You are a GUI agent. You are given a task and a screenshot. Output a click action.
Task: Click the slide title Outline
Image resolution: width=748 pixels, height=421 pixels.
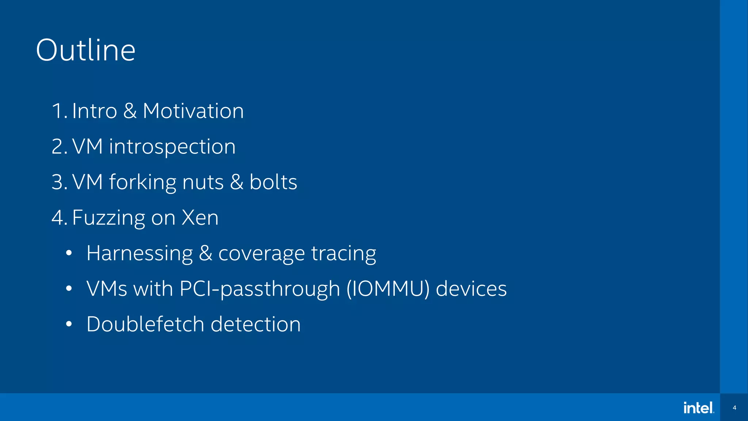pos(86,50)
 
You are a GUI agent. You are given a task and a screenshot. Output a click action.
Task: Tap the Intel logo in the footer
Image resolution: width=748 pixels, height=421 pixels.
pos(699,407)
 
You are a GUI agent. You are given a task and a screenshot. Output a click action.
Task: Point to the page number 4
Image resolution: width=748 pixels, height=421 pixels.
pos(734,407)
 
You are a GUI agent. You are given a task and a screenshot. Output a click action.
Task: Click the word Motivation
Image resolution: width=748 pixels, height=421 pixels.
pos(193,111)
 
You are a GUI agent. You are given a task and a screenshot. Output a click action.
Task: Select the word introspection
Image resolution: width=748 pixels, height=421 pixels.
pos(172,147)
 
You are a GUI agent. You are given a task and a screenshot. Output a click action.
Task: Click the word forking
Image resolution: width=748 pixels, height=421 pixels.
pos(142,182)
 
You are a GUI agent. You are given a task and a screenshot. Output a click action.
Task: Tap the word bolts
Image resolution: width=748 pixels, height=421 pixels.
pos(273,182)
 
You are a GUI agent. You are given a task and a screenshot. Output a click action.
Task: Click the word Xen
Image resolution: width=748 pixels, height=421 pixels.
pos(200,218)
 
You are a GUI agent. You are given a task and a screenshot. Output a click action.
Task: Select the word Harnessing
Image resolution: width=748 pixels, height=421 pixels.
pos(140,253)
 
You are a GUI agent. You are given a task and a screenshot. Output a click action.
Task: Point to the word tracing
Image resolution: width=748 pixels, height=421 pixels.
pos(343,254)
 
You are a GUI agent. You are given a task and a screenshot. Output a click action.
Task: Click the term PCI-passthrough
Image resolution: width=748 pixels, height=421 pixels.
pos(260,289)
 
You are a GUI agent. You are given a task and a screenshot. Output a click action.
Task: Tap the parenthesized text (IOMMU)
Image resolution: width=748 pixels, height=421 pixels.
pos(388,289)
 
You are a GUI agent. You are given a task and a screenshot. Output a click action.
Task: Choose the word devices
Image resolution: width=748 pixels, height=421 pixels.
pos(471,289)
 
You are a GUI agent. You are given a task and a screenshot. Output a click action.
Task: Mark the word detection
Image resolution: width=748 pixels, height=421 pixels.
pos(256,324)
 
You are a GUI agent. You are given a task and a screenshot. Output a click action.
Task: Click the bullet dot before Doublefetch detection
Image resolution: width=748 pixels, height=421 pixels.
pos(69,324)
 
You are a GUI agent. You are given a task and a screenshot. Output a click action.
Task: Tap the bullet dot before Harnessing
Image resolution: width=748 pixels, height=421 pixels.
pos(69,253)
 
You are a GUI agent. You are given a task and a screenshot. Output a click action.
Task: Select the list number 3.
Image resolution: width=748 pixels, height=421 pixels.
pos(57,182)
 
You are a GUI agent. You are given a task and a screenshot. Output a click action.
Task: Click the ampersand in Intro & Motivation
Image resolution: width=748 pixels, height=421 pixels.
pos(130,111)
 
